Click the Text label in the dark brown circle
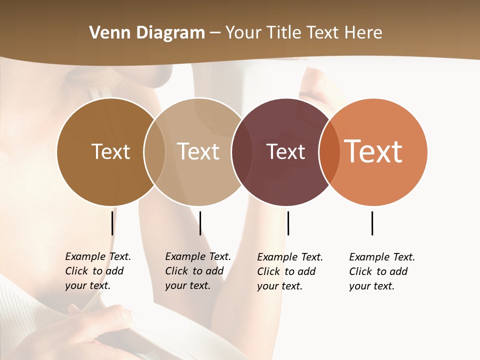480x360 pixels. tap(110, 151)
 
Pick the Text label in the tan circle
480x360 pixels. tap(198, 151)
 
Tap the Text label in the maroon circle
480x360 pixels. tap(285, 151)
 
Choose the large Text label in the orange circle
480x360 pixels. tap(373, 151)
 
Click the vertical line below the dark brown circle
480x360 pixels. tap(112, 223)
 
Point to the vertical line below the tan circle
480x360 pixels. tap(200, 223)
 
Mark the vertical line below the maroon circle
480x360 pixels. tap(288, 223)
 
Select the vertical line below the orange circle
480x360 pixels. tap(372, 223)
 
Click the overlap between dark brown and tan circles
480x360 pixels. tap(154, 151)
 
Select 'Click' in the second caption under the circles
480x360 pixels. tap(176, 271)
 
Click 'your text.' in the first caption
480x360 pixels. tap(88, 285)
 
